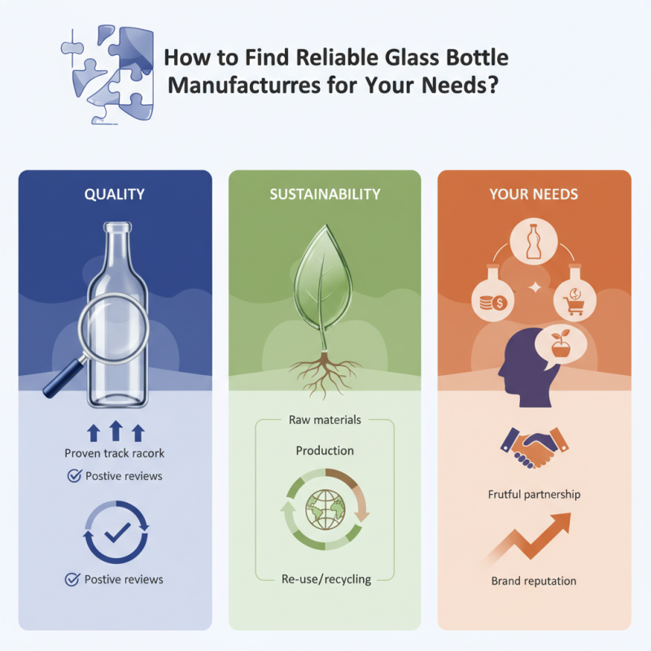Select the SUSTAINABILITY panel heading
[325, 194]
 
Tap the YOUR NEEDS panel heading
[534, 194]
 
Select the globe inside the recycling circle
[325, 510]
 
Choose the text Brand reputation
[534, 581]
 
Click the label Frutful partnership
[534, 494]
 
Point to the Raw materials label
[325, 420]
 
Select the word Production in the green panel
[325, 450]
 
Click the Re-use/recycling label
[325, 579]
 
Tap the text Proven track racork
[114, 452]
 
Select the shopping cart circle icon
[575, 300]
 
